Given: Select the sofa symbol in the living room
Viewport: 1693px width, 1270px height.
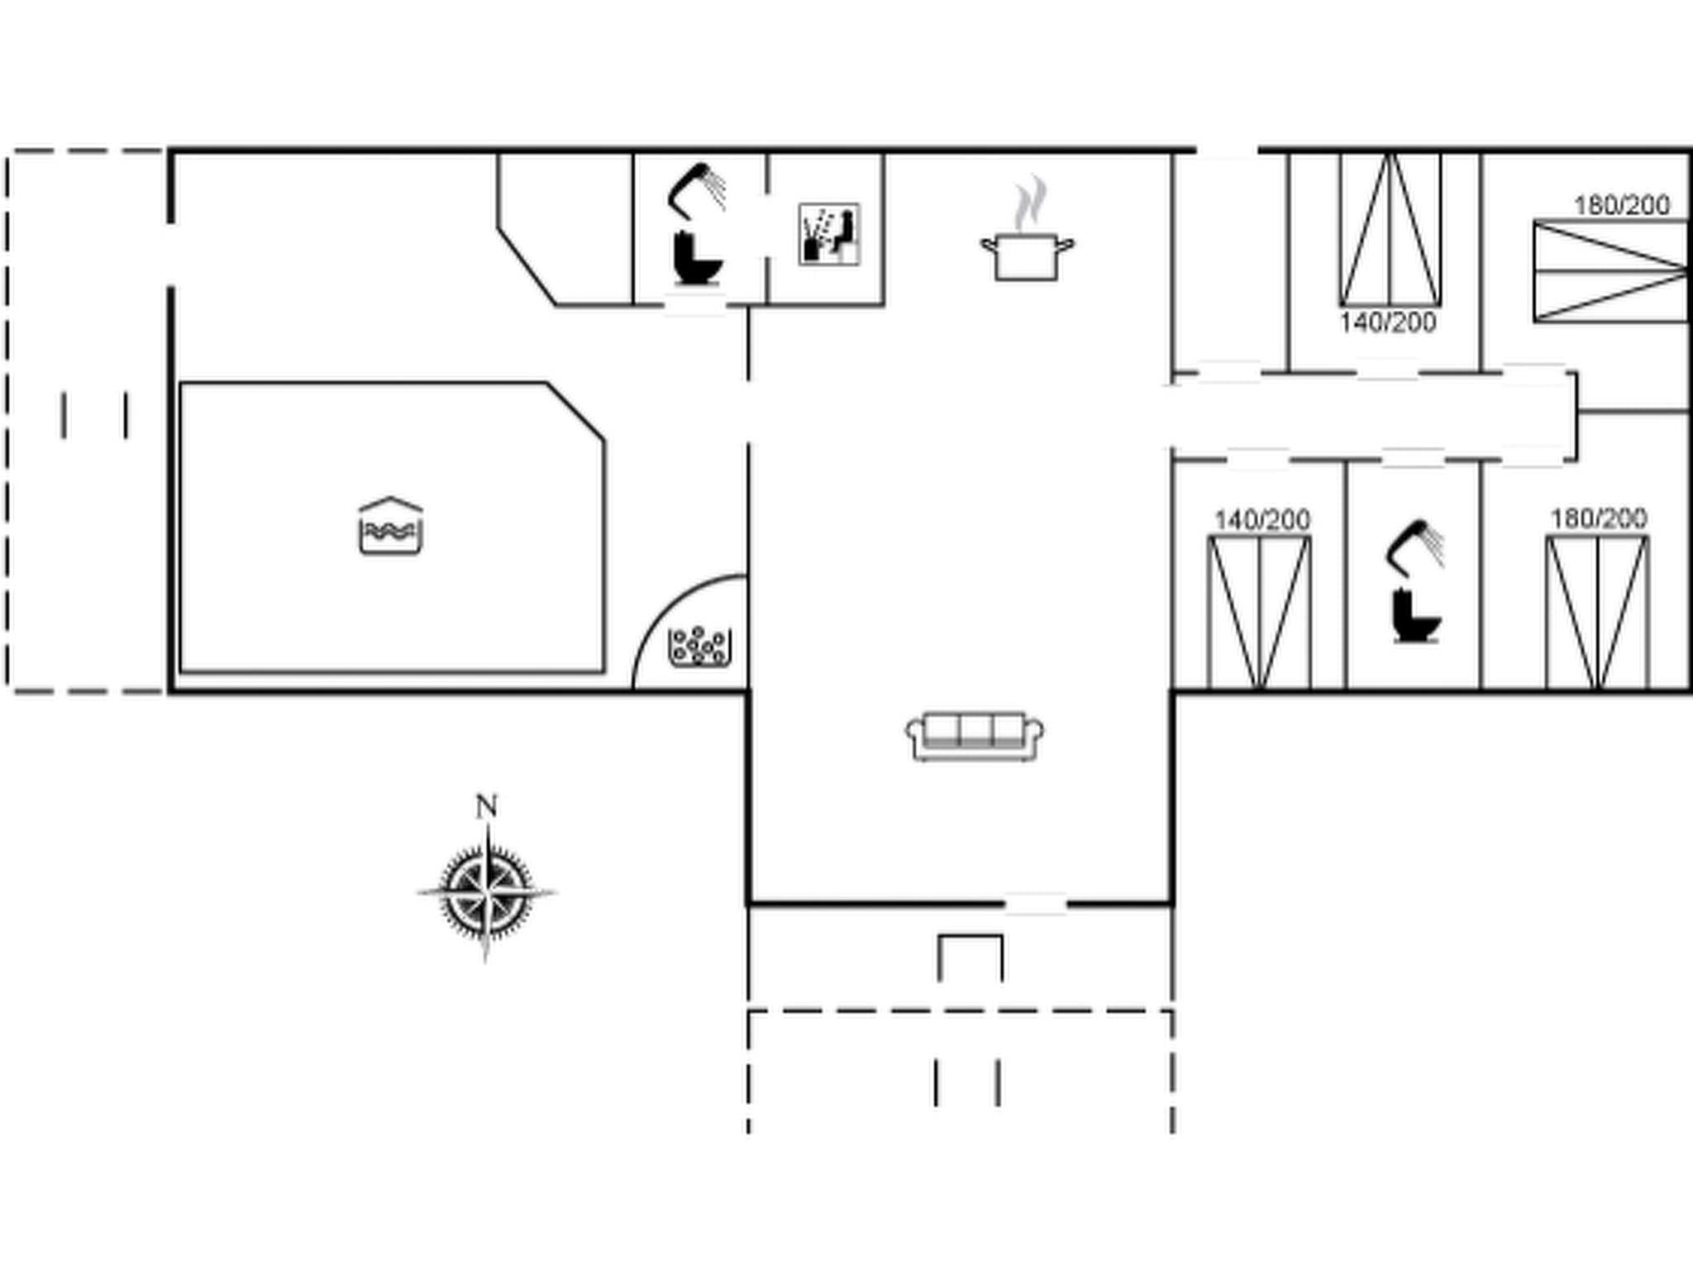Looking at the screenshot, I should coord(975,735).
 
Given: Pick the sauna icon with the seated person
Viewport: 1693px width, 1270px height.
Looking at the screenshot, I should coord(829,234).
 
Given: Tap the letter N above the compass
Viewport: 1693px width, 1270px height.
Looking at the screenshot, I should coord(486,806).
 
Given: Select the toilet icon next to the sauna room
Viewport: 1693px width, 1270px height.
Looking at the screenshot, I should coord(697,258).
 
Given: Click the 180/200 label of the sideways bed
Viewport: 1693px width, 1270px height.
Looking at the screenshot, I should coord(1621,205).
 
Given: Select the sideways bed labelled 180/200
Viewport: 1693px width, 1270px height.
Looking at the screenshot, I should coord(1610,270).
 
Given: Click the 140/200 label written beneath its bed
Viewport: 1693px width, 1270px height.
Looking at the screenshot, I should coord(1388,322).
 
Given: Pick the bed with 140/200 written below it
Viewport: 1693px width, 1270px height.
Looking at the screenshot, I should coord(1390,230).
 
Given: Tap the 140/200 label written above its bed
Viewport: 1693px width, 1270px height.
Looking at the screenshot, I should coord(1261,520).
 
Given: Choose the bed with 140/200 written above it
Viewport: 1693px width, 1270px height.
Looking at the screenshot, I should coord(1259,612).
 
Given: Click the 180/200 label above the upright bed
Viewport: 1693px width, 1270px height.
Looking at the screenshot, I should coord(1598,518).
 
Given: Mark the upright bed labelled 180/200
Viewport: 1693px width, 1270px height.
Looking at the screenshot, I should coord(1597,612).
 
